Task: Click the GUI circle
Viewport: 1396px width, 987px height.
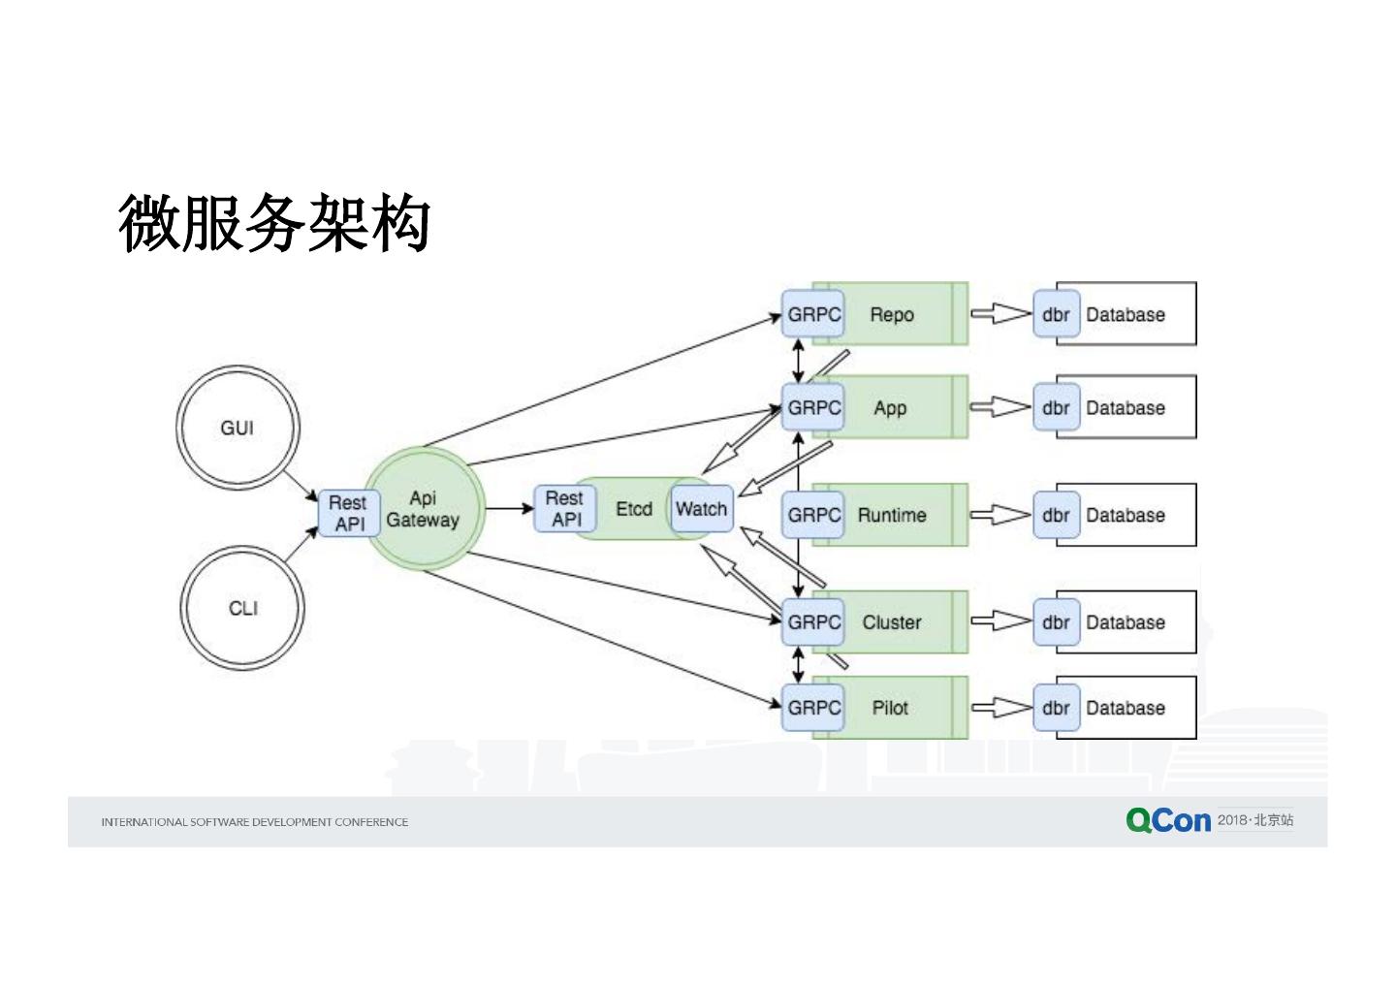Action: click(238, 428)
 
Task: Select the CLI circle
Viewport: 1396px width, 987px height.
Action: click(242, 608)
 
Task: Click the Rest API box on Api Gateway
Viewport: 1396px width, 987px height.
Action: click(349, 513)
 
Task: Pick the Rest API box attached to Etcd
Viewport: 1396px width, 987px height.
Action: click(565, 508)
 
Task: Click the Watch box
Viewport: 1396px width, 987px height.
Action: click(702, 508)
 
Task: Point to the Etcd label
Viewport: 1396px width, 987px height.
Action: click(634, 509)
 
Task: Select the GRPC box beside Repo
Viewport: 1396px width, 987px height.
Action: click(813, 313)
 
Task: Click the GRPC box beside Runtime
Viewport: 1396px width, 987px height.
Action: click(813, 515)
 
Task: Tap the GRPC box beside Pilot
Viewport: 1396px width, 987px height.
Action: click(813, 707)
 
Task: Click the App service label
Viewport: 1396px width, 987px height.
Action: click(890, 408)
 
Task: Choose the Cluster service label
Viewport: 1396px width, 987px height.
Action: click(892, 621)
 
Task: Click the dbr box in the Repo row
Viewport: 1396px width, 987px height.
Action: click(1057, 313)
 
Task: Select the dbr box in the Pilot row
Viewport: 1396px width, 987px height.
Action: click(1057, 707)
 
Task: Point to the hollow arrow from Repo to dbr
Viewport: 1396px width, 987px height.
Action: click(1000, 313)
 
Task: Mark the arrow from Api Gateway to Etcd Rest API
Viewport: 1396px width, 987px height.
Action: click(510, 508)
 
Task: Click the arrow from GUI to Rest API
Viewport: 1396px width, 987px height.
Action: click(301, 486)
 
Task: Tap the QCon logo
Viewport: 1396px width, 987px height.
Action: click(1168, 820)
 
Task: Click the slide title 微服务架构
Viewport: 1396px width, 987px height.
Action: click(274, 222)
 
